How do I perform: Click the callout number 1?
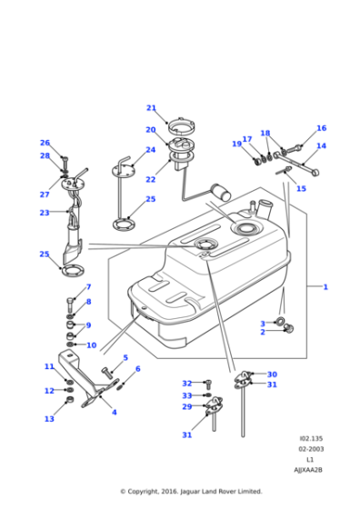pyautogui.click(x=325, y=286)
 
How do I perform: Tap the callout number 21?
pyautogui.click(x=151, y=107)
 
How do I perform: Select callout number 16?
pyautogui.click(x=321, y=128)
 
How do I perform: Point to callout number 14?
pyautogui.click(x=321, y=145)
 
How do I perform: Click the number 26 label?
pyautogui.click(x=45, y=143)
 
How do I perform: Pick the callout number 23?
pyautogui.click(x=45, y=213)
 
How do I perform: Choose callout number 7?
pyautogui.click(x=88, y=287)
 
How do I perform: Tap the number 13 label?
pyautogui.click(x=49, y=419)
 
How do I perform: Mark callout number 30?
pyautogui.click(x=272, y=374)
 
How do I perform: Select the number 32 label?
pyautogui.click(x=186, y=383)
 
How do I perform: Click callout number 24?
pyautogui.click(x=151, y=150)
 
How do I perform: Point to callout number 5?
pyautogui.click(x=125, y=358)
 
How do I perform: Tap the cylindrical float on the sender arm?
pyautogui.click(x=219, y=192)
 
